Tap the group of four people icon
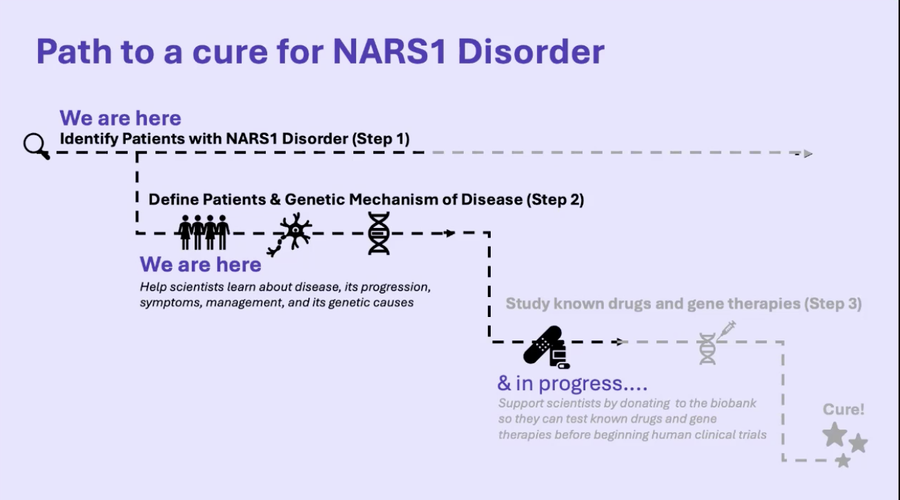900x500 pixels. tap(204, 232)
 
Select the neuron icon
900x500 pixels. tap(292, 233)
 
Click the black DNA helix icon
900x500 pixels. tap(378, 233)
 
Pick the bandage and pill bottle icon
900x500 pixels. tap(545, 346)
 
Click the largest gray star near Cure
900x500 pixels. tap(834, 434)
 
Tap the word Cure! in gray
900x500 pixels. tap(843, 410)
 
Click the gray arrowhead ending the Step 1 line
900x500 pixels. tap(808, 153)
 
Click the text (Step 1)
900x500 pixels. tap(380, 139)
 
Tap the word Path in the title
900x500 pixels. tap(74, 52)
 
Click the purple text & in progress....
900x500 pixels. tap(572, 383)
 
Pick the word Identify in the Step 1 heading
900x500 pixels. tap(88, 139)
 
